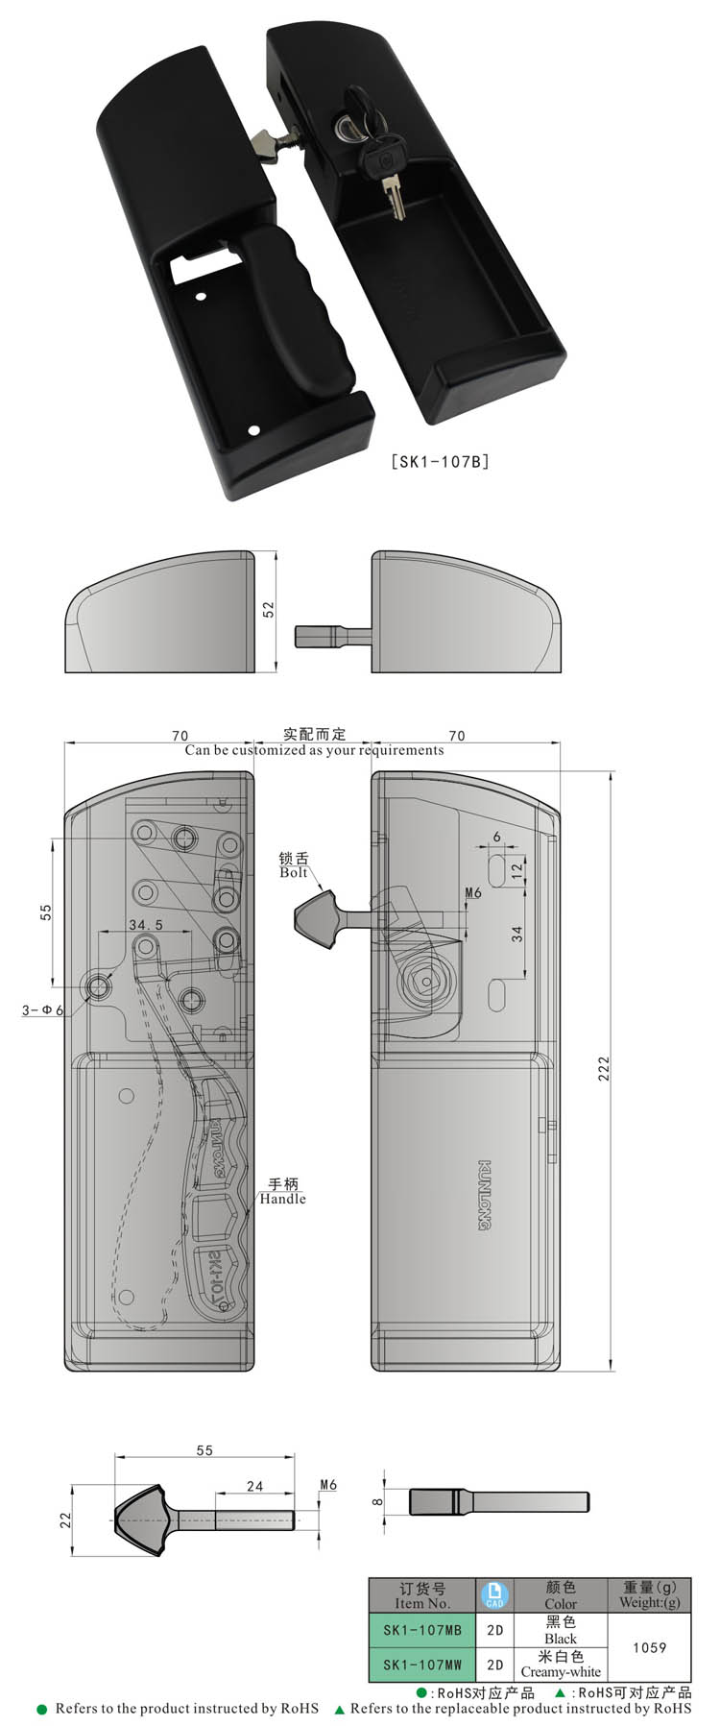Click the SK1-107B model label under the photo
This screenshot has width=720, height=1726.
[441, 461]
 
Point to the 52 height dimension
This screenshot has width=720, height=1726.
[269, 609]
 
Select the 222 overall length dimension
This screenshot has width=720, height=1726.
[604, 1069]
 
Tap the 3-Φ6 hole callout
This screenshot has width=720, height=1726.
[42, 1009]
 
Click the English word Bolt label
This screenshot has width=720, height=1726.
[294, 872]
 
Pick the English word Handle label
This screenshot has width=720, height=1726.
[282, 1199]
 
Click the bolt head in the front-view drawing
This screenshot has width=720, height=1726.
[315, 916]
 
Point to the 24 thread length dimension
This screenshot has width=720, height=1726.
[254, 1486]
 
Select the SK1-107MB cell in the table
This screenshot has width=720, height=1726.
[422, 1630]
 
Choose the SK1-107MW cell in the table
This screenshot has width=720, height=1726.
[422, 1665]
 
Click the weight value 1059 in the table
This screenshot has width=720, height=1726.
[649, 1647]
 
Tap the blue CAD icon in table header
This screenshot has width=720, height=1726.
[495, 1595]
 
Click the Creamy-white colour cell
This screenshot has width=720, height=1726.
[561, 1665]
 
